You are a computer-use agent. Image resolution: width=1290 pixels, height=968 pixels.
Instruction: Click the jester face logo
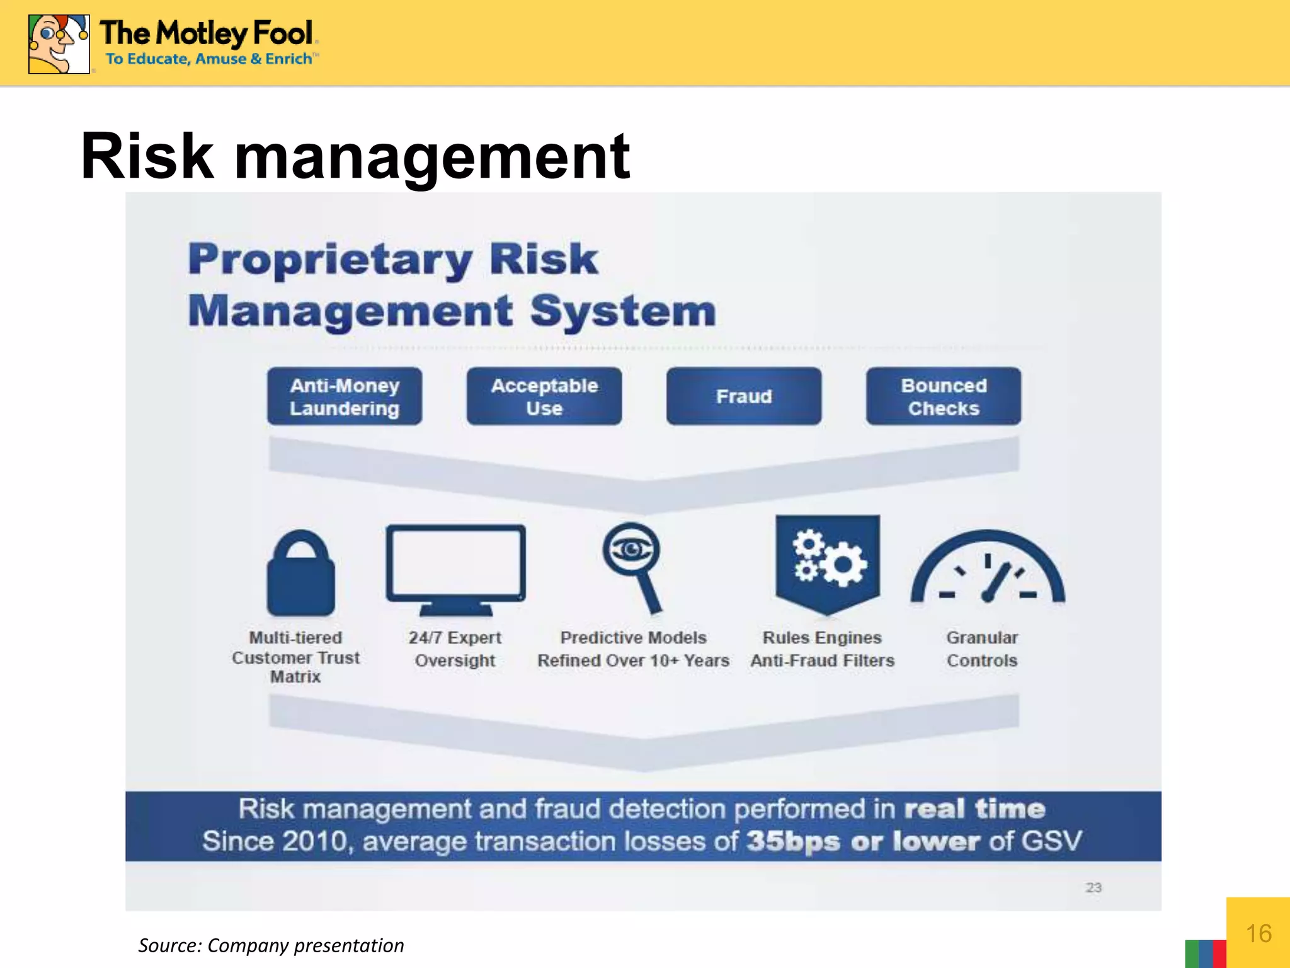coord(59,44)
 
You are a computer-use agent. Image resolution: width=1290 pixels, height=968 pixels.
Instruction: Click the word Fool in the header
coord(283,33)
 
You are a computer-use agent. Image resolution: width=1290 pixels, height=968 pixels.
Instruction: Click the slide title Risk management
coord(355,156)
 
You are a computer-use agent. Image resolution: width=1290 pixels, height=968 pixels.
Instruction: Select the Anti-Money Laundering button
coord(345,396)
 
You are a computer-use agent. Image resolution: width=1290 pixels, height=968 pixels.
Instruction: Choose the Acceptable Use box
coord(544,396)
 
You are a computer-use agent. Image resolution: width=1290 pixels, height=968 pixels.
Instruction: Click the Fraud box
coord(744,396)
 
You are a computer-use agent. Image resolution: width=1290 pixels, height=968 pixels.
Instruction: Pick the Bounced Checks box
coord(944,396)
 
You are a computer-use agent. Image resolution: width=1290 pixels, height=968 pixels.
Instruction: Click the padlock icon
coord(301,573)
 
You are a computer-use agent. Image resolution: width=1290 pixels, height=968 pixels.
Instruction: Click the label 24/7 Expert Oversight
coord(455,648)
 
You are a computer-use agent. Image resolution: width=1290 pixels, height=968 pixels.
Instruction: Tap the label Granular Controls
coord(982,648)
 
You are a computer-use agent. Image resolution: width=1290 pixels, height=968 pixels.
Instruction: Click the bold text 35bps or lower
coord(863,841)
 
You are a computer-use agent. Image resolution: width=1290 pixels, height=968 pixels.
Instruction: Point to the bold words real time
coord(974,809)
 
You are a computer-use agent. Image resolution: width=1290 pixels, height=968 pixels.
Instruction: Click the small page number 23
coord(1093,887)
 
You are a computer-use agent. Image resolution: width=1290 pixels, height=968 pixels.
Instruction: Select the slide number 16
coord(1258,933)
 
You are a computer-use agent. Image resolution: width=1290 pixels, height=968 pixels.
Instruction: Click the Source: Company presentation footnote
coord(271,945)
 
